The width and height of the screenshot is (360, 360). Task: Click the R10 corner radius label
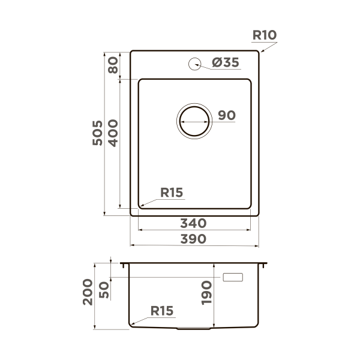coord(265,35)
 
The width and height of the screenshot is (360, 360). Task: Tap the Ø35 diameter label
coord(226,62)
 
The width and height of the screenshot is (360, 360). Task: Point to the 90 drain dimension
coord(227,115)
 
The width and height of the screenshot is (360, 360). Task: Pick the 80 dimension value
coord(113,65)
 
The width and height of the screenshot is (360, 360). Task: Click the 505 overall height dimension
coord(97,133)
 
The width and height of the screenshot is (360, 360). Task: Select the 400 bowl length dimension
coord(113,133)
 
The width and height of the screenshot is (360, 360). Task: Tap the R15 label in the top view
coord(172,193)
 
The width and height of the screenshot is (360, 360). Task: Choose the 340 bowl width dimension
coord(193,223)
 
